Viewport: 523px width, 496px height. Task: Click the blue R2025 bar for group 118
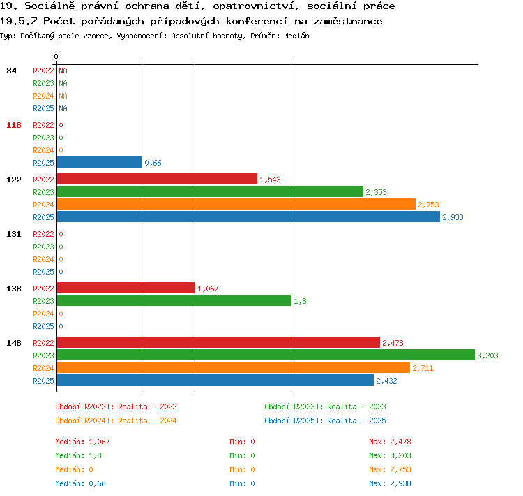100,163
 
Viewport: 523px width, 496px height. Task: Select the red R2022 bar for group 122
157,179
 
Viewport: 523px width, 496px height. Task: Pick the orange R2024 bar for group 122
236,204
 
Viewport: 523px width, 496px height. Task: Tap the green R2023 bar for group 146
266,355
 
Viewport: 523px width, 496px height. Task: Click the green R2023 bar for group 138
174,300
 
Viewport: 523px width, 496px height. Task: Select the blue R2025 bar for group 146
215,380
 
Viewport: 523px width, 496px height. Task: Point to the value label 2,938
453,217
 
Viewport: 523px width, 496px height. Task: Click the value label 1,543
270,180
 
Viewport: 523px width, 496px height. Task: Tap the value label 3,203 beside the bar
487,356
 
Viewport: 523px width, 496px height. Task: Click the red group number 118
14,125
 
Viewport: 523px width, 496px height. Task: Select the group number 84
11,71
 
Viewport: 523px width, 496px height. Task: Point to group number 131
14,234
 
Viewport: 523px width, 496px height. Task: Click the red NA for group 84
63,71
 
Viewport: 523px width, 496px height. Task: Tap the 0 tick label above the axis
56,57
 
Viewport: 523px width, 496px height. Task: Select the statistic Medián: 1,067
82,442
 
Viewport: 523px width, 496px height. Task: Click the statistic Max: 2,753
390,469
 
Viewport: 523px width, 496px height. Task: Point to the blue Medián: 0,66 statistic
80,483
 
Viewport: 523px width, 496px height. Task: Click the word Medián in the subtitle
296,36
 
